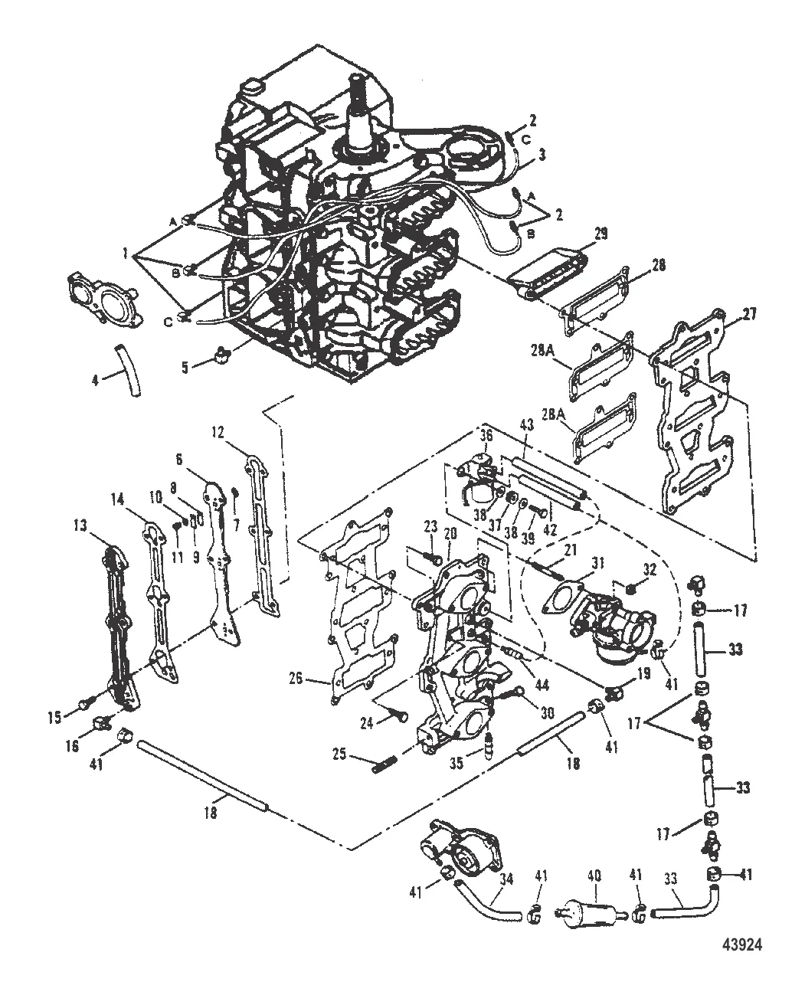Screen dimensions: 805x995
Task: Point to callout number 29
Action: coord(600,234)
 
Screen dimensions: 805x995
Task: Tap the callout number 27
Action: coord(748,314)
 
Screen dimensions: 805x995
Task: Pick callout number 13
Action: coord(80,525)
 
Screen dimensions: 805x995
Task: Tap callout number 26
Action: coord(296,679)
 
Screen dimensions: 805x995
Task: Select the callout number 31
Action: coord(597,564)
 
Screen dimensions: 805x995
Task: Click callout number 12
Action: coord(217,433)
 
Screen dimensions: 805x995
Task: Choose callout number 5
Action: coord(185,368)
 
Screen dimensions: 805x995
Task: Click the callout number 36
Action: coord(486,435)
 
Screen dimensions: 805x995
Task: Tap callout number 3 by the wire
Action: coord(542,155)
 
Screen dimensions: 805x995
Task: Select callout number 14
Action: coord(118,500)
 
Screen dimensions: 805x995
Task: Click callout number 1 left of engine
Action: coord(125,254)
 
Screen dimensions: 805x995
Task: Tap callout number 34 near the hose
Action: coord(506,879)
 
